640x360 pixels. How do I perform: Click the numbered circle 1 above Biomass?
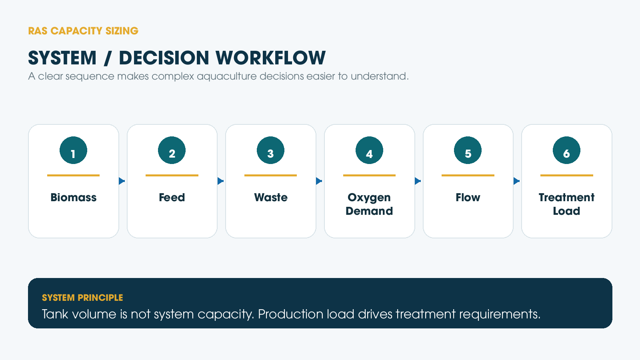(x=74, y=150)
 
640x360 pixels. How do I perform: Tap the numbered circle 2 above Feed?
(x=172, y=150)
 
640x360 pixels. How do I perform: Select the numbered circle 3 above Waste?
(x=270, y=150)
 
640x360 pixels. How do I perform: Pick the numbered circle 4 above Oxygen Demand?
(x=369, y=150)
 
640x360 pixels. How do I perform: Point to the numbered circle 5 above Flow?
(x=468, y=150)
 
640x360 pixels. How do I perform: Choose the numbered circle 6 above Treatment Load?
(x=566, y=150)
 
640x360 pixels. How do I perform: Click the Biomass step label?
(x=74, y=198)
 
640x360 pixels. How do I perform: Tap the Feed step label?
(x=172, y=198)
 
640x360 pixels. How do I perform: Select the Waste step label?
(x=270, y=198)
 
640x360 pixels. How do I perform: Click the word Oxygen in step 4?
(x=369, y=198)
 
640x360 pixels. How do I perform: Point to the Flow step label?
(x=468, y=198)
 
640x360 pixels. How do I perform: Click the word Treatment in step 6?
(x=566, y=198)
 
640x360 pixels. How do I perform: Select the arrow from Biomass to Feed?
(x=122, y=181)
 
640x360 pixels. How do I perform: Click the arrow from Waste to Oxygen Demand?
(x=319, y=181)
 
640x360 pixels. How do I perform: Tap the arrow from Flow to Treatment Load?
(x=516, y=181)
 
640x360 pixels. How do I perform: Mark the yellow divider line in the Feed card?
(x=172, y=176)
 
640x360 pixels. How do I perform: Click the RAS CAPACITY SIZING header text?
(x=83, y=31)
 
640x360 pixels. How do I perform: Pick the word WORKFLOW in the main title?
(x=270, y=58)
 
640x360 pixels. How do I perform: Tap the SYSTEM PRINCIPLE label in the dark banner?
(x=82, y=298)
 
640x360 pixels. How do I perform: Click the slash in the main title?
(x=108, y=58)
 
